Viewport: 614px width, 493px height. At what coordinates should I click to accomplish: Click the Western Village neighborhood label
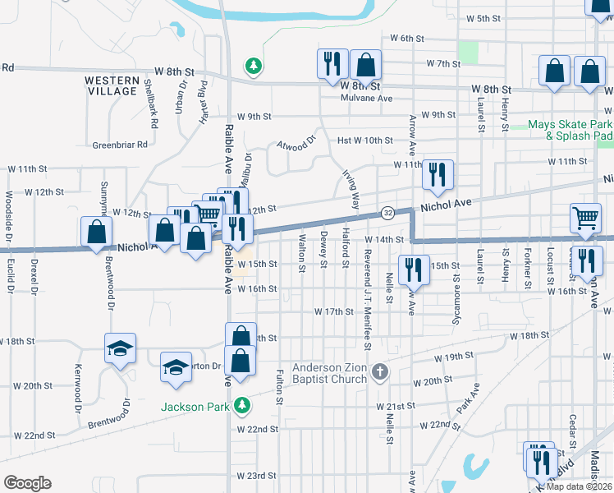111,85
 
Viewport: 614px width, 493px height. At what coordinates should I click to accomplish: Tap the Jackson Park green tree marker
242,404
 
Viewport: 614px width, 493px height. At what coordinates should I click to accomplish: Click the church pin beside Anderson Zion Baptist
378,373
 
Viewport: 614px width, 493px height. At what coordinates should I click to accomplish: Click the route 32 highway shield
387,213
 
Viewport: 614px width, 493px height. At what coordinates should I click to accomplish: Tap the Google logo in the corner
27,482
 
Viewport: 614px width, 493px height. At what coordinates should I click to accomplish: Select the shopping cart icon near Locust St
586,218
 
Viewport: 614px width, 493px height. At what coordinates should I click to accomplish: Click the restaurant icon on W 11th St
437,173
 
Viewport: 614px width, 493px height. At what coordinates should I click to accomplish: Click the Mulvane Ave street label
367,98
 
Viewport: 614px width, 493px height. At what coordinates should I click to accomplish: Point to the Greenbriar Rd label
119,145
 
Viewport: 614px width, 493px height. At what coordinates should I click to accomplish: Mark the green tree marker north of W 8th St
254,65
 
